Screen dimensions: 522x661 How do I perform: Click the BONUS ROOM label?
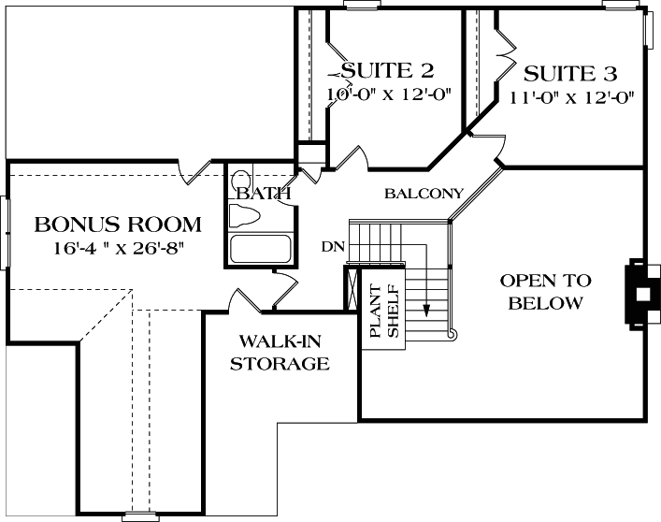(x=118, y=225)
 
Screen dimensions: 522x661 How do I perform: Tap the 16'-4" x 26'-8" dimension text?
(x=118, y=249)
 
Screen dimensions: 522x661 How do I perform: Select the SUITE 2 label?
(x=387, y=71)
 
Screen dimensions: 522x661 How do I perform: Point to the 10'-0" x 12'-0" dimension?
(x=389, y=94)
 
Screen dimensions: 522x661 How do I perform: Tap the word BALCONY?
(x=424, y=194)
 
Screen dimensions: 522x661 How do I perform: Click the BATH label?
(x=262, y=194)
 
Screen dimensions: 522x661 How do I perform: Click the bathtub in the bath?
(x=261, y=250)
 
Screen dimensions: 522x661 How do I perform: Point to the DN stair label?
(x=331, y=247)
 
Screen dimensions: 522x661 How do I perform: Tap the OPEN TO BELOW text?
(x=546, y=292)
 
